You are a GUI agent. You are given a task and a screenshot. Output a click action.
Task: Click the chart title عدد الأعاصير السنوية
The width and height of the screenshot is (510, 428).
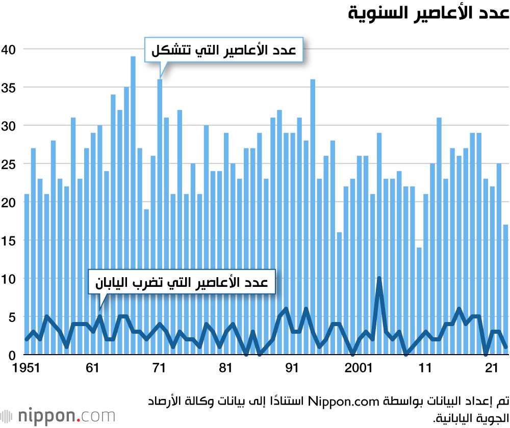(x=428, y=13)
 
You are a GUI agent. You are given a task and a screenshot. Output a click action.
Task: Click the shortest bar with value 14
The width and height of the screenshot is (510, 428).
(x=419, y=301)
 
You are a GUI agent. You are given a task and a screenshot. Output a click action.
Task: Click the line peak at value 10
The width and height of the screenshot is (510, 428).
(x=379, y=279)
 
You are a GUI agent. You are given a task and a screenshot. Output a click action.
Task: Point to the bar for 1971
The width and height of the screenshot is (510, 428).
(x=160, y=217)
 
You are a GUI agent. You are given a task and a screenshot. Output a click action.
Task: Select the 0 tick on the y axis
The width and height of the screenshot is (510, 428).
(x=11, y=355)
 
